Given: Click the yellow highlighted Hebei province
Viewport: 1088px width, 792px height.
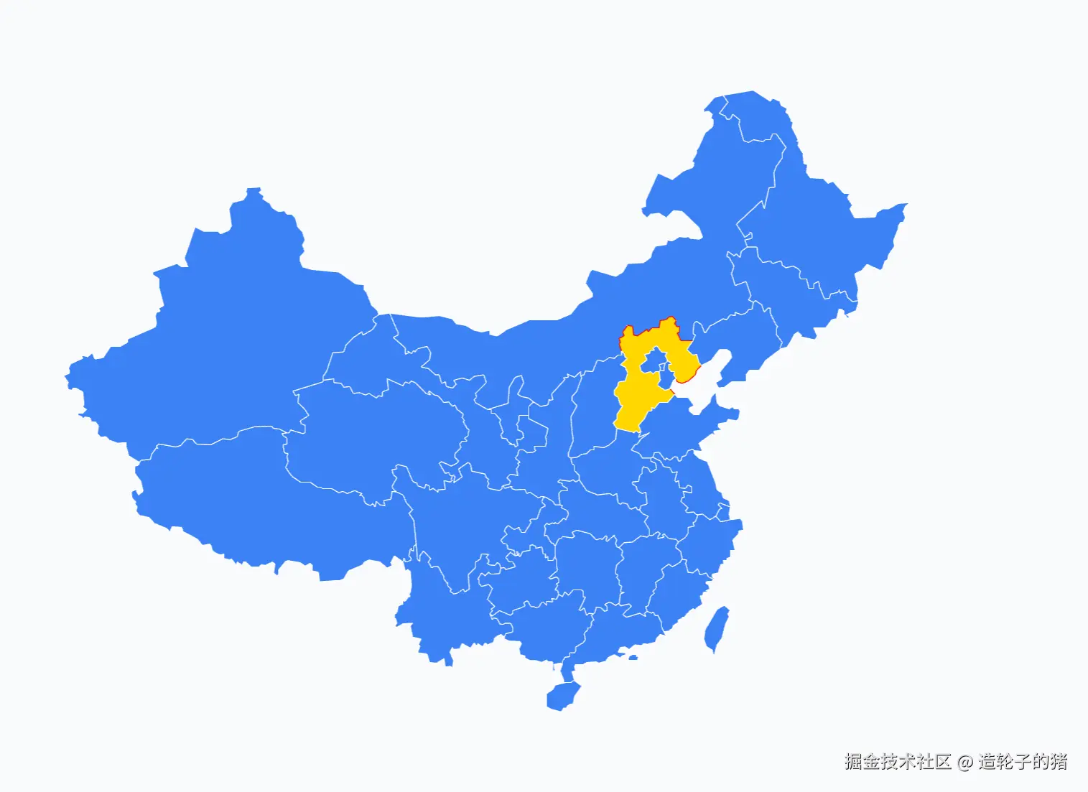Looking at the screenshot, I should pos(632,402).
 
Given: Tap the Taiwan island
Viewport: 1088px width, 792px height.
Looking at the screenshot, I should pos(717,628).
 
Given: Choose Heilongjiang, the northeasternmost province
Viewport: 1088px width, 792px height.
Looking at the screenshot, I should pos(812,215).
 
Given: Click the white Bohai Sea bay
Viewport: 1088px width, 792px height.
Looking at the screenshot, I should pos(700,384).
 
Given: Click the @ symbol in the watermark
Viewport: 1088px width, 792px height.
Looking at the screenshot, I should pos(964,762).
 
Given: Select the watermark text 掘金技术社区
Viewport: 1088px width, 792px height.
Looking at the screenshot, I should pos(898,762).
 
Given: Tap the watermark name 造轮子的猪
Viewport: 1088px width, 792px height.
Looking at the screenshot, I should pos(1023,762).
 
